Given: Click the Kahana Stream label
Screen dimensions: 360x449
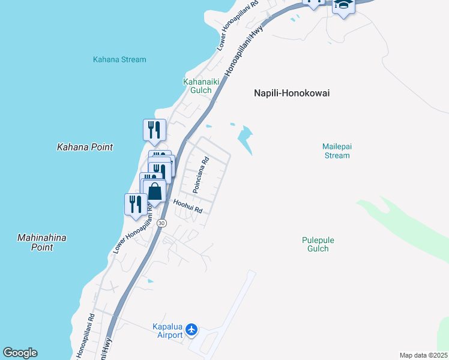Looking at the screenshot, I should click(x=119, y=59).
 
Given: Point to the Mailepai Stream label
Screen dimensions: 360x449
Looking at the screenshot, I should click(x=336, y=151).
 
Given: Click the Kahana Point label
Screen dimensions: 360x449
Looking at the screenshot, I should click(x=85, y=147).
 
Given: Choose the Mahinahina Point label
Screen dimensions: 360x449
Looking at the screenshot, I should click(x=41, y=242).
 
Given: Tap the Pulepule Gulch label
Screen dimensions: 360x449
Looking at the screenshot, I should click(x=318, y=244).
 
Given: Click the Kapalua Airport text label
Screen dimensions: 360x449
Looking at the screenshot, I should click(x=167, y=331).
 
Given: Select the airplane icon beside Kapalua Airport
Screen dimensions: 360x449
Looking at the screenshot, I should click(x=191, y=329).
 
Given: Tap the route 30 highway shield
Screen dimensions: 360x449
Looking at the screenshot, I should click(x=161, y=223).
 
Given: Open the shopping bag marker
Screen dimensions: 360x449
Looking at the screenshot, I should click(x=155, y=192).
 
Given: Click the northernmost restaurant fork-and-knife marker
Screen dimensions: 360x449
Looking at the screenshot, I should click(x=154, y=130).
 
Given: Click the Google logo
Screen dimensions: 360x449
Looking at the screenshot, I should click(x=20, y=353).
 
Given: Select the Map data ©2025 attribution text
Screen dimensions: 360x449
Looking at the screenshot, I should click(x=423, y=355).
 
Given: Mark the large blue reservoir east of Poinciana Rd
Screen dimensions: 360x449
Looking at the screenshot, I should click(x=246, y=139).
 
